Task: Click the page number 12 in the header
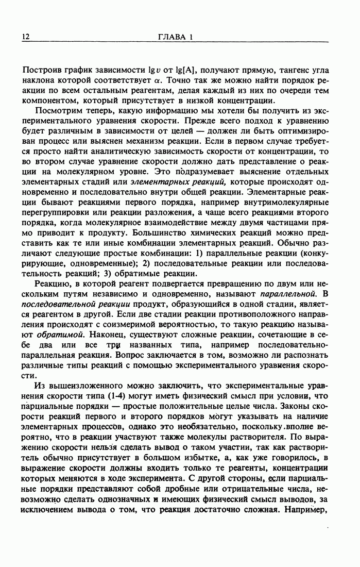(26, 37)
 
